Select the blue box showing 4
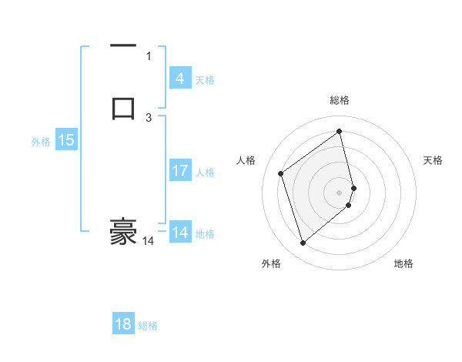179,78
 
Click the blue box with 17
179,171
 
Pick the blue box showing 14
179,233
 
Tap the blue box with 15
65,140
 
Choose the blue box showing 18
123,324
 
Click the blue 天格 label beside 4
205,80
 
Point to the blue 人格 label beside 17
206,173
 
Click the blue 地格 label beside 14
206,234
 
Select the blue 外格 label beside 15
41,142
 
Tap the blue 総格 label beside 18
148,326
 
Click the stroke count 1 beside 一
149,55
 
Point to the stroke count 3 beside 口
149,117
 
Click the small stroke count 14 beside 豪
148,241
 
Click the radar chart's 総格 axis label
340,100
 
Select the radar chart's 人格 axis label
246,160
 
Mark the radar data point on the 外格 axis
303,243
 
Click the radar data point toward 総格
340,130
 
